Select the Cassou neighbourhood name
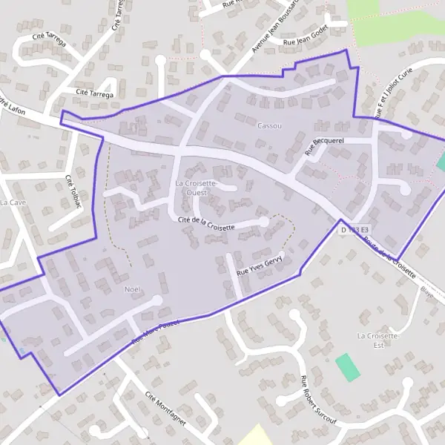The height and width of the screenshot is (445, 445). [x=269, y=126]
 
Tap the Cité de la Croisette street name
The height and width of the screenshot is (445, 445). [x=207, y=223]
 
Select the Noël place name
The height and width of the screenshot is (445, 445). [x=133, y=289]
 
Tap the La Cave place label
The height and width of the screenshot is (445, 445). [x=13, y=202]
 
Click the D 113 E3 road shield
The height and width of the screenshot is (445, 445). [x=354, y=231]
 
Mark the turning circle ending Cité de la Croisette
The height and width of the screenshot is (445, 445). [x=263, y=222]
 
